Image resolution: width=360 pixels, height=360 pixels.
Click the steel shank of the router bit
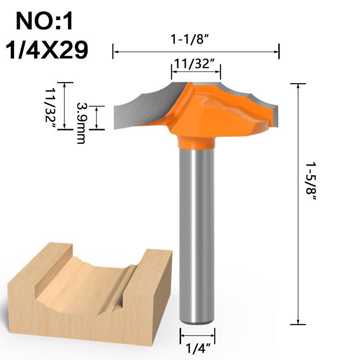pos(197,234)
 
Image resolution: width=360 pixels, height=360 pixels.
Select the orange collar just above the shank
pos(197,143)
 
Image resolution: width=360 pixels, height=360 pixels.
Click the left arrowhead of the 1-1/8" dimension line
pos(115,52)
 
